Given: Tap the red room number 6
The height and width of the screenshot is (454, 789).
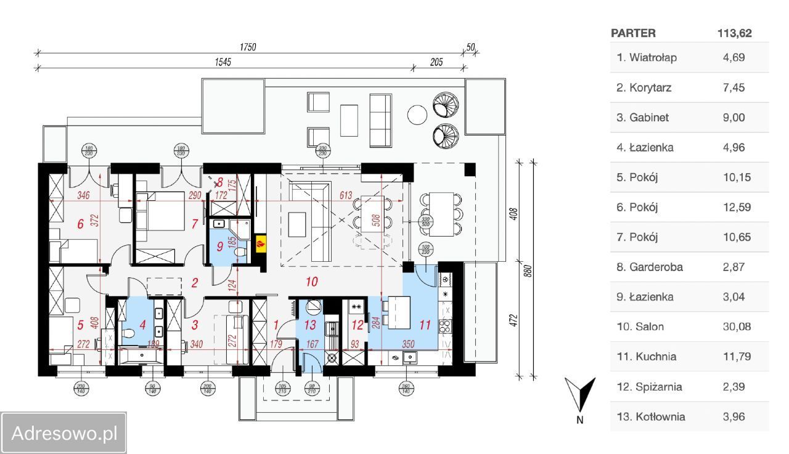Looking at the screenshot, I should point(80,224).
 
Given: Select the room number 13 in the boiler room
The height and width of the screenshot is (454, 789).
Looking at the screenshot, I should point(310,325).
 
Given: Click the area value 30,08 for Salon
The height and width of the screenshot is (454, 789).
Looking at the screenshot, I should point(737,326).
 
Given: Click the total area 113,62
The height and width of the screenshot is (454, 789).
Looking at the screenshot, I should point(734,33).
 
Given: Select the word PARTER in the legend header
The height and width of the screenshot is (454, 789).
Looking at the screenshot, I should point(633,33).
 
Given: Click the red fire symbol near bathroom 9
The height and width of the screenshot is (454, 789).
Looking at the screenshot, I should point(261,243).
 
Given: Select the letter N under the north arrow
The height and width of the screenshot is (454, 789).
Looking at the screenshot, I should point(579,420).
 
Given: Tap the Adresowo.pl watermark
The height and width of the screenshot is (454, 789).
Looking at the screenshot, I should point(64,433).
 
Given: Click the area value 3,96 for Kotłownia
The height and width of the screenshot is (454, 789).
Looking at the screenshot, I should point(734,416).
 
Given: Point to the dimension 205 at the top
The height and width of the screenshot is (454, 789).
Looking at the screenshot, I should point(437,63).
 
